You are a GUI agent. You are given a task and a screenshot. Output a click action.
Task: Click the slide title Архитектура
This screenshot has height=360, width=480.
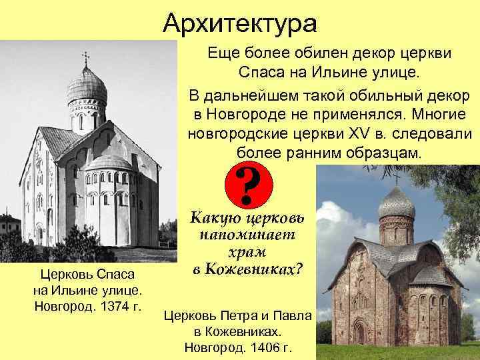click(x=240, y=23)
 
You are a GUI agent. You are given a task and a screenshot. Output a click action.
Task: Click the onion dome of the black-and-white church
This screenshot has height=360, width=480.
click(x=87, y=86)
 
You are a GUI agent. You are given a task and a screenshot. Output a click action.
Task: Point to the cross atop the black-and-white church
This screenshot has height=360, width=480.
click(x=85, y=59)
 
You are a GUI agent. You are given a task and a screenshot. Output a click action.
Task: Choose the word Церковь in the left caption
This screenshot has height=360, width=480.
click(x=65, y=274)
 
